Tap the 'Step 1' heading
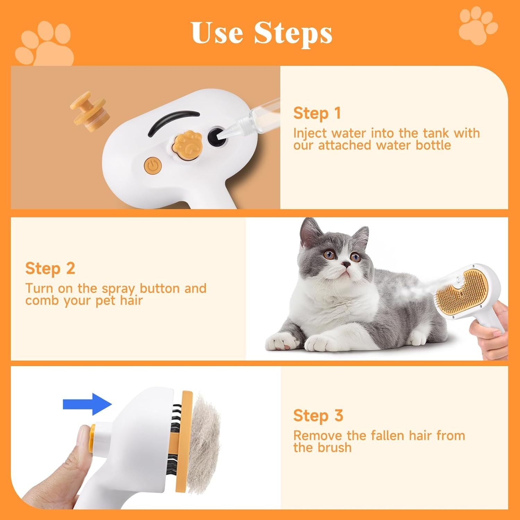317,113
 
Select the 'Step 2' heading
50,268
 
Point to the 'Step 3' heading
318,416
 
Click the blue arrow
87,404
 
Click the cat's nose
345,265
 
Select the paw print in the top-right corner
478,26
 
